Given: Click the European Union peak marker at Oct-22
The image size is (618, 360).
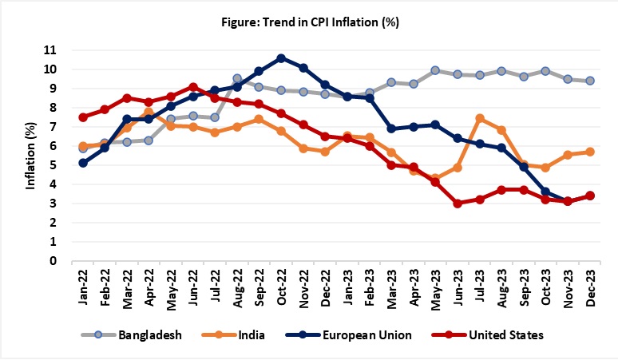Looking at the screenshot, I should tap(281, 58).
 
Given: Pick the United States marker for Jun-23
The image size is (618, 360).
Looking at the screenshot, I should tap(458, 204).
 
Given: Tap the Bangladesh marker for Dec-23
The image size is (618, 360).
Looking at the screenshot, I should tap(589, 81).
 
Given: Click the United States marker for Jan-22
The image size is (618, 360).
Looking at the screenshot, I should tap(83, 117).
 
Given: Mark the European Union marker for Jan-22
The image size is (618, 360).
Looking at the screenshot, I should tap(83, 163).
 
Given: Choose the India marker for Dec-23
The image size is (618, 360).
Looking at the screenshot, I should tap(589, 152).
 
